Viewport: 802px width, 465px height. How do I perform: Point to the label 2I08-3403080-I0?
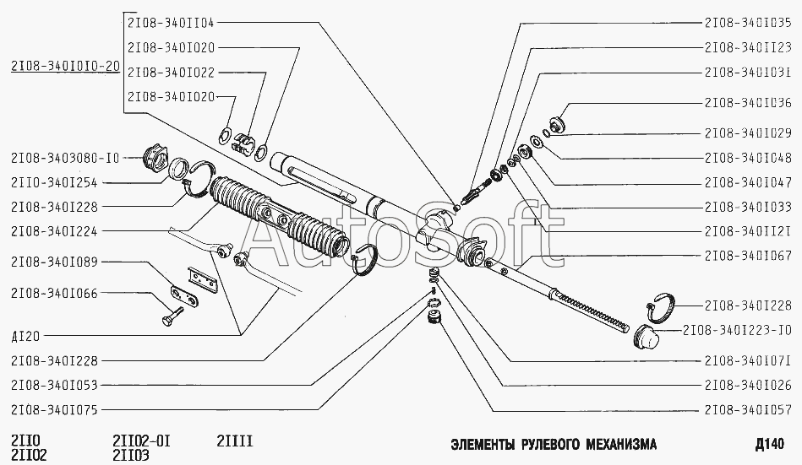tap(65, 158)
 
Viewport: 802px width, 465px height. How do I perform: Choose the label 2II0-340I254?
tap(54, 182)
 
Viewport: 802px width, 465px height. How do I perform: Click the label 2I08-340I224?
tap(54, 230)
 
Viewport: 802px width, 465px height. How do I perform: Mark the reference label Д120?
tap(27, 335)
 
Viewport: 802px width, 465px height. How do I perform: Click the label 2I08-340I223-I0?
tap(736, 330)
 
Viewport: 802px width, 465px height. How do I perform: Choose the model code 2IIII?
tap(234, 441)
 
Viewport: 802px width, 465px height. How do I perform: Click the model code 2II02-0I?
tap(141, 441)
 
